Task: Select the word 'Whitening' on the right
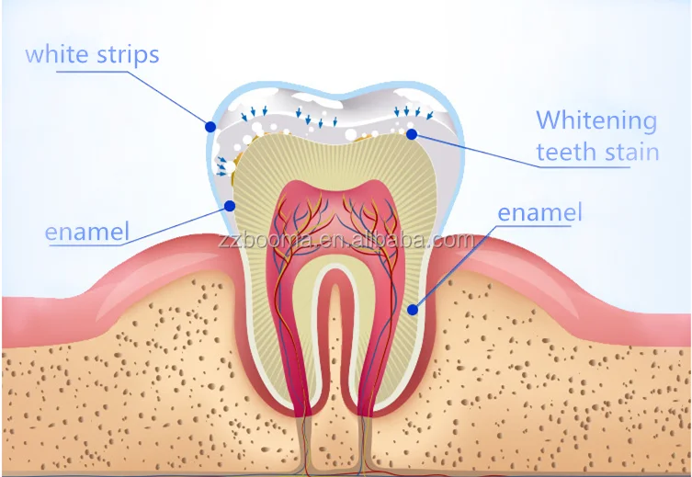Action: point(596,120)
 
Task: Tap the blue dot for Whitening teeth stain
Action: point(412,134)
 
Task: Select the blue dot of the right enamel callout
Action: point(413,310)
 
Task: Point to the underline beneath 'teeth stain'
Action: point(597,166)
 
